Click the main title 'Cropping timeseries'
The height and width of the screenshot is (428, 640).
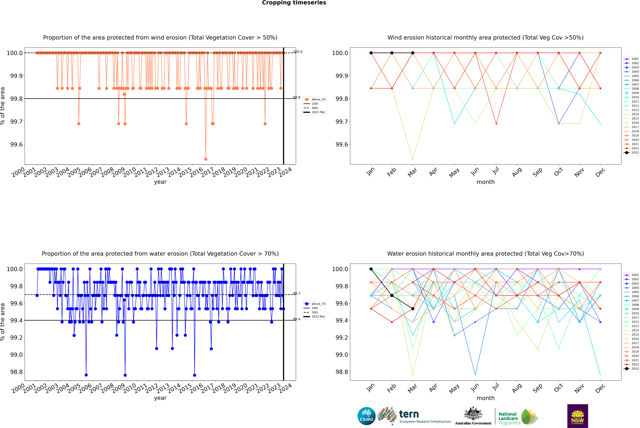[294, 3]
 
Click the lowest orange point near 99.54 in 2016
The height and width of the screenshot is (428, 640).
[206, 159]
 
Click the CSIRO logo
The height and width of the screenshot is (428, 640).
[366, 416]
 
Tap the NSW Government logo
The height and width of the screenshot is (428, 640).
[578, 416]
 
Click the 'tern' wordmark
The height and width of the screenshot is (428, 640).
[409, 414]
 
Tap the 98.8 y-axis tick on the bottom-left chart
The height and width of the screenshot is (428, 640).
[16, 372]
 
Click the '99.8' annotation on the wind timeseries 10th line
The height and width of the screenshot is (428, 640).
[297, 97]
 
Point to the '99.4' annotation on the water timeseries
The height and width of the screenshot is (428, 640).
[297, 319]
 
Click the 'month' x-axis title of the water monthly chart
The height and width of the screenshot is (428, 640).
[485, 398]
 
